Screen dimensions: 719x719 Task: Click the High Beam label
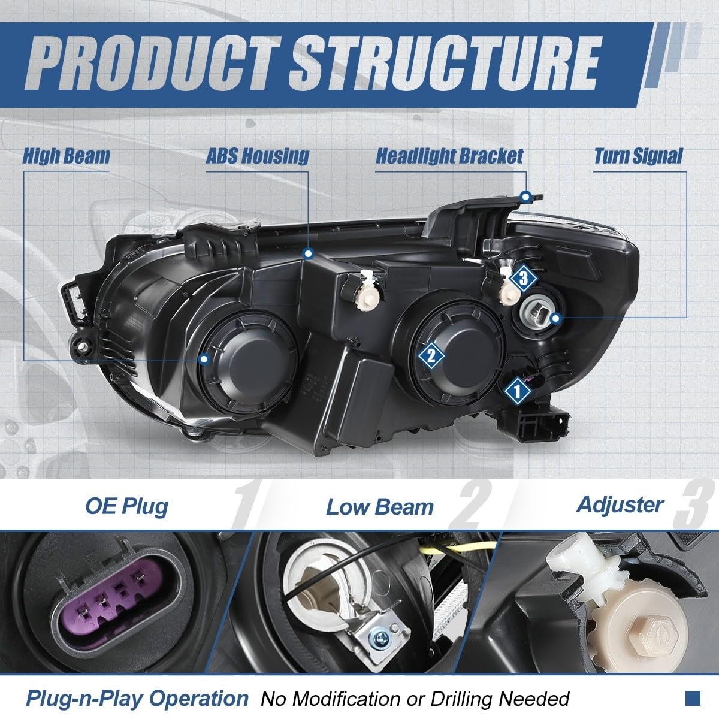pyautogui.click(x=67, y=156)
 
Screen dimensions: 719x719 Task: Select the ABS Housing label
pyautogui.click(x=258, y=156)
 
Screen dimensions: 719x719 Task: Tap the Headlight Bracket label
pyautogui.click(x=449, y=156)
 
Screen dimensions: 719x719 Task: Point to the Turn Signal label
pyautogui.click(x=638, y=156)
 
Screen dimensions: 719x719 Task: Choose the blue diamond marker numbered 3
pyautogui.click(x=523, y=278)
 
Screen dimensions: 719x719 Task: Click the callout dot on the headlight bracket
pyautogui.click(x=526, y=197)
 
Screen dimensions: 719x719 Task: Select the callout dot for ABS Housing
pyautogui.click(x=308, y=254)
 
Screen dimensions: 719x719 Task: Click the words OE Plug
pyautogui.click(x=126, y=507)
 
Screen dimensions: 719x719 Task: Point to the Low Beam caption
pyautogui.click(x=380, y=507)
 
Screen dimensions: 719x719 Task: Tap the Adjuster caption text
pyautogui.click(x=620, y=506)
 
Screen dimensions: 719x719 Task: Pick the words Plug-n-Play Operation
pyautogui.click(x=137, y=698)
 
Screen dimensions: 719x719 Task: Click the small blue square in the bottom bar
pyautogui.click(x=693, y=698)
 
